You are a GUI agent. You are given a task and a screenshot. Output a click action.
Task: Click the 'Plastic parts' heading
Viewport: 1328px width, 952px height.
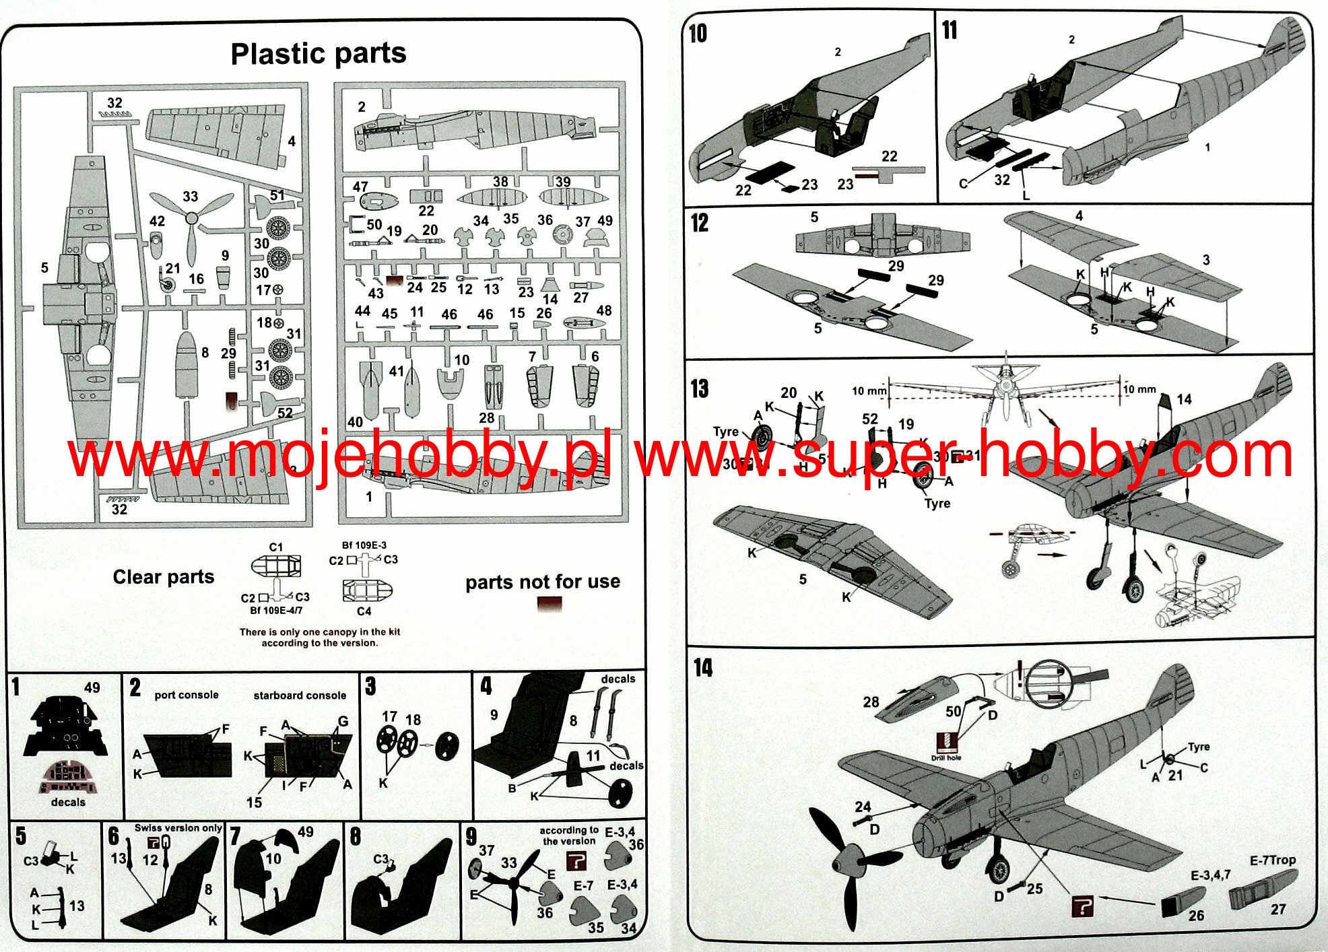318,53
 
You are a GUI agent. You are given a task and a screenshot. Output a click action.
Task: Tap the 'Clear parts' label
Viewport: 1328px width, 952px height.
163,577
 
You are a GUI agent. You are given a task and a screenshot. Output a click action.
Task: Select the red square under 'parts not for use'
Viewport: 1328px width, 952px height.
549,604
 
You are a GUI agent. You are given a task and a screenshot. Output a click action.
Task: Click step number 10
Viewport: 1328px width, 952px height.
698,33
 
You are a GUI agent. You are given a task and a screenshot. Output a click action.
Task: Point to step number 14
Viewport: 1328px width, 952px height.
703,667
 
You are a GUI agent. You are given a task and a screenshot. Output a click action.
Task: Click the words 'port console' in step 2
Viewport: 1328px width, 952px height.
187,695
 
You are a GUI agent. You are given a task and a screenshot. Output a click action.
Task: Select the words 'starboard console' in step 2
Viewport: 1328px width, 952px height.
300,695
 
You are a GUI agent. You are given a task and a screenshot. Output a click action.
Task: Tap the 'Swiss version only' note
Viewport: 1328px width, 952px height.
178,827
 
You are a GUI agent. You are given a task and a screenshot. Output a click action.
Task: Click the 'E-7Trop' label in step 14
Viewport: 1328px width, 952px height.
1272,860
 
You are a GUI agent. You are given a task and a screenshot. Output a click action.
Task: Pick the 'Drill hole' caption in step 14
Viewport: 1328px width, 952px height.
945,758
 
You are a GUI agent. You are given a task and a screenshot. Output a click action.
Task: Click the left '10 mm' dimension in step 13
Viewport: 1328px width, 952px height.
869,390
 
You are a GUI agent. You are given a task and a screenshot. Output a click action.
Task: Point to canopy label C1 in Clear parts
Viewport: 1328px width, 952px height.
276,547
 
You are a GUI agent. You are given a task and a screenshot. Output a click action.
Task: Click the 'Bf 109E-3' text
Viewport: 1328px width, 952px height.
364,545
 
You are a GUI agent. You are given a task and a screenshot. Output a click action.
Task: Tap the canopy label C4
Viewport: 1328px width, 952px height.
364,611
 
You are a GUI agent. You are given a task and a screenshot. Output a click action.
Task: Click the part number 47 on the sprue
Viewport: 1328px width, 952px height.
360,186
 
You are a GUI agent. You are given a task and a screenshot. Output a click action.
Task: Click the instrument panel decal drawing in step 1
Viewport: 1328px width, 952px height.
69,778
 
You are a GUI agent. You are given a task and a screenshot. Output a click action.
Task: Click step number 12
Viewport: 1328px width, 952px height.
700,222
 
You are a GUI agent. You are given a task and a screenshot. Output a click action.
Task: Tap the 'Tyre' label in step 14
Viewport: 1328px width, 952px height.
1198,747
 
